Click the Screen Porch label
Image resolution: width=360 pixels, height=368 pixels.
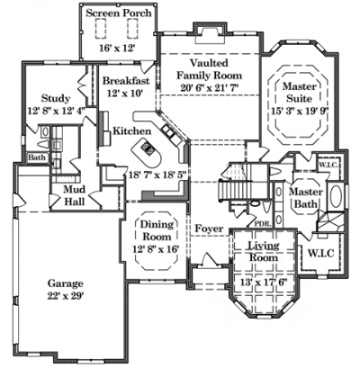(119, 13)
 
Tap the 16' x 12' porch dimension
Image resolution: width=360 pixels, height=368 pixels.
(119, 49)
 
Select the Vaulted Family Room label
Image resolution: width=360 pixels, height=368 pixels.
(209, 69)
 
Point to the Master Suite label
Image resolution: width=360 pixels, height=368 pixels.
(300, 93)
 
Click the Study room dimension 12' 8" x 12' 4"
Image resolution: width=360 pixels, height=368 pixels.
(57, 111)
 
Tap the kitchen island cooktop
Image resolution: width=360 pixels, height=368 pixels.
(148, 148)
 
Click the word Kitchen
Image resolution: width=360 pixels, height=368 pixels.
(131, 130)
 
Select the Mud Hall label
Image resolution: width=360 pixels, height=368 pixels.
(75, 195)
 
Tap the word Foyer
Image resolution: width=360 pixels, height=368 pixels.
(209, 229)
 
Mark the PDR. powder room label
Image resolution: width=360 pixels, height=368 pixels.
(263, 223)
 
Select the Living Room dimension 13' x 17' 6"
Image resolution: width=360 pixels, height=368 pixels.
(264, 283)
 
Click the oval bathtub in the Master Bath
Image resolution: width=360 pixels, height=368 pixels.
(337, 196)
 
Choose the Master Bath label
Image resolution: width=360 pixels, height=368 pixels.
(306, 198)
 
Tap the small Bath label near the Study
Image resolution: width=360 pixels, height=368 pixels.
(37, 157)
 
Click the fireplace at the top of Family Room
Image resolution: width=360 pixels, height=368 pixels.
(210, 33)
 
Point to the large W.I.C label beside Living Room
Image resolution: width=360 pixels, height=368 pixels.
(321, 254)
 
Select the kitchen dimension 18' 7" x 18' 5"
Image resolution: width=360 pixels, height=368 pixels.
(157, 175)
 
